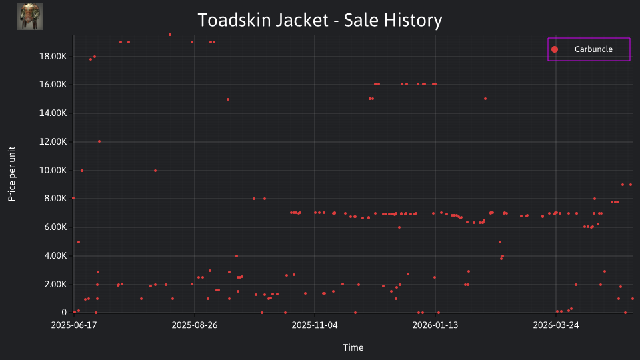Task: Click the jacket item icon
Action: tap(30, 17)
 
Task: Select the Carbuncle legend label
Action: tap(593, 49)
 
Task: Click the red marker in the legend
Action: tap(554, 49)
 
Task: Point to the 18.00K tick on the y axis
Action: tap(53, 56)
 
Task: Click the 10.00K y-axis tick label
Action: tap(53, 170)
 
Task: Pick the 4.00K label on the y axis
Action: tap(55, 255)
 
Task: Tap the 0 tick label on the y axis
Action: tap(64, 312)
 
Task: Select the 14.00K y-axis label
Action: tap(53, 113)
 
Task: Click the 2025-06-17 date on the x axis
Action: tap(74, 325)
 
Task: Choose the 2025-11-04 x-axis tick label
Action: tap(315, 325)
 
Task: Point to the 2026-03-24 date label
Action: tap(556, 325)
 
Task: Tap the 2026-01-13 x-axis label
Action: tap(435, 325)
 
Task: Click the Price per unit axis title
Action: tap(11, 174)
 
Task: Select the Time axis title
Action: tap(353, 347)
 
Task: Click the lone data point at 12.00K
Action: tap(99, 141)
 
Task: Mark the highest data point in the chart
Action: tap(170, 35)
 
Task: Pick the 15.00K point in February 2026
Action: tap(485, 99)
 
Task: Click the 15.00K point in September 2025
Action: tap(228, 99)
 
